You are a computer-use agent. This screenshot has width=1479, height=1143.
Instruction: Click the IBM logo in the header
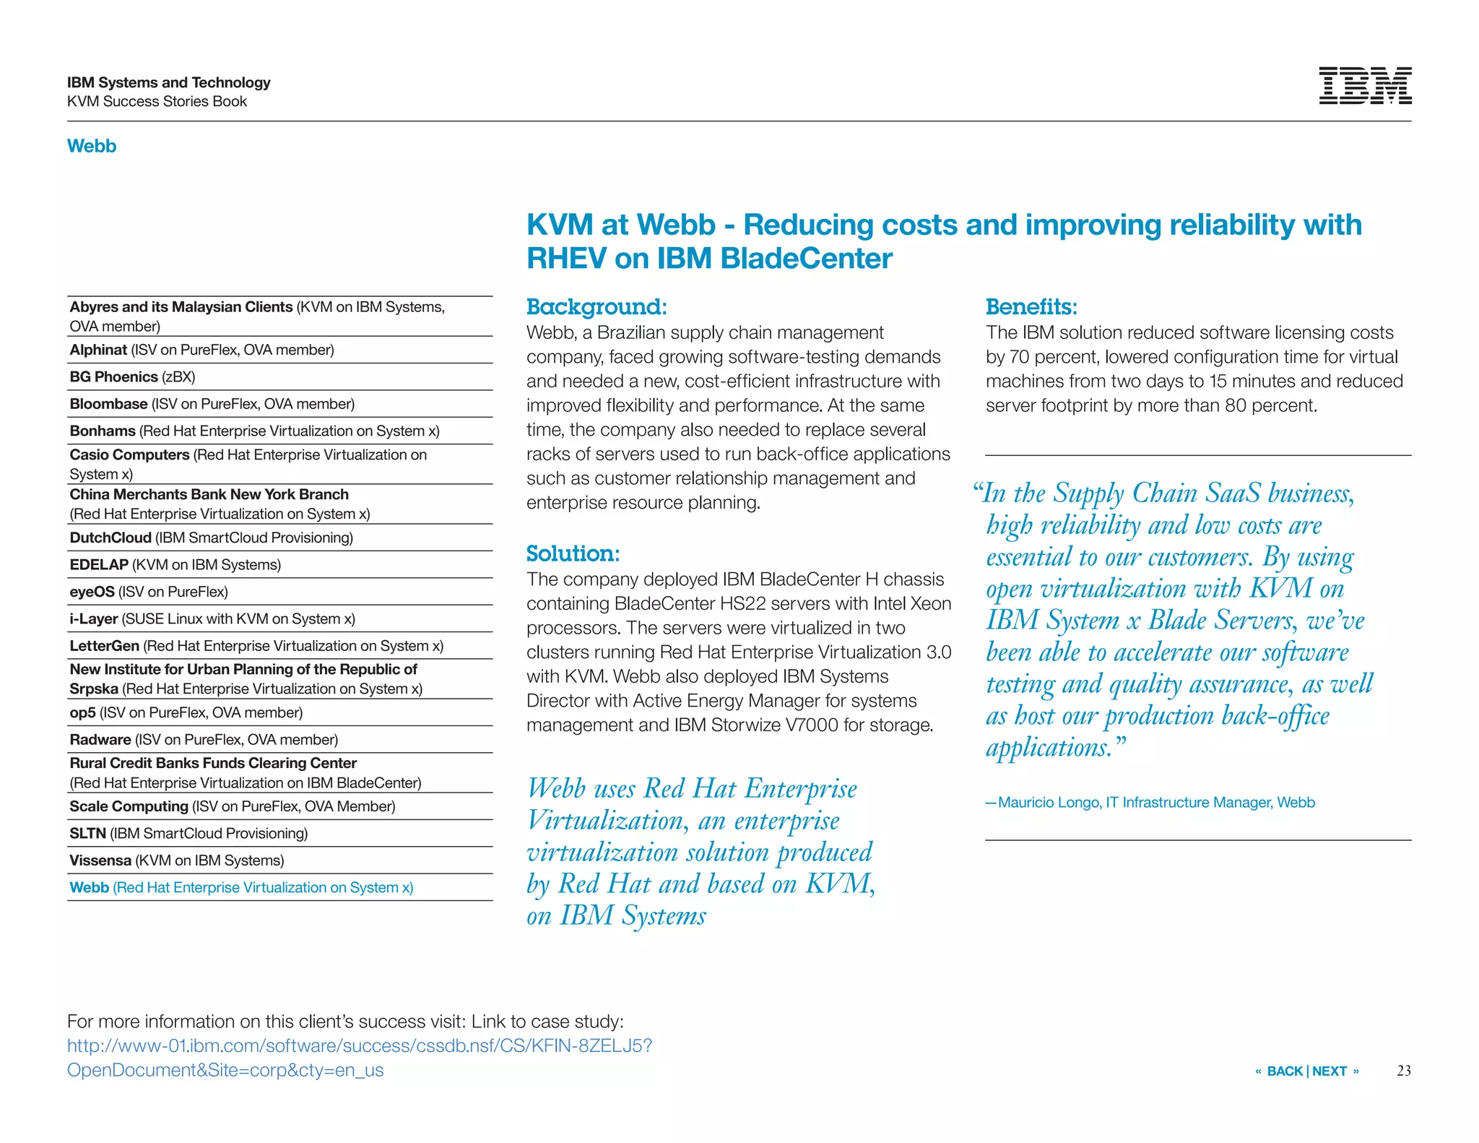[x=1364, y=86]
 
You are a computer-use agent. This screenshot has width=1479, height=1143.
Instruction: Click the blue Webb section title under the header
[x=92, y=146]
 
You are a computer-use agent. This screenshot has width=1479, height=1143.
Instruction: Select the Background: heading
[x=597, y=306]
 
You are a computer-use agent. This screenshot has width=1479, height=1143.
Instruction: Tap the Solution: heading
[x=573, y=553]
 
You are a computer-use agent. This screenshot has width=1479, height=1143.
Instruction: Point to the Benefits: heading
[x=1031, y=306]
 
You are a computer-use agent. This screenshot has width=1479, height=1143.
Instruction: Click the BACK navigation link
[x=1284, y=1071]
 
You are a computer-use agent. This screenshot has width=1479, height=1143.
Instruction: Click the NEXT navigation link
[x=1330, y=1071]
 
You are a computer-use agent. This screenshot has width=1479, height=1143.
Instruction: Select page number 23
[x=1403, y=1071]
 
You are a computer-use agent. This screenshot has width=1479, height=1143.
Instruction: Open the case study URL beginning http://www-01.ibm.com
[x=359, y=1045]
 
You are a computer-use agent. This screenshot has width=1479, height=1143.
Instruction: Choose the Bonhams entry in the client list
[x=254, y=431]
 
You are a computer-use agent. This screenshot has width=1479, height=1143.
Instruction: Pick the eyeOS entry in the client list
[x=149, y=592]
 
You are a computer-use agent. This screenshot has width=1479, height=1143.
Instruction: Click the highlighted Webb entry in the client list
[x=241, y=887]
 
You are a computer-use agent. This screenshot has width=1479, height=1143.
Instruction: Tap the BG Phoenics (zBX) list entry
[x=132, y=376]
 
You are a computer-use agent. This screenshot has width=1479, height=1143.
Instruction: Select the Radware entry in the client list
[x=204, y=739]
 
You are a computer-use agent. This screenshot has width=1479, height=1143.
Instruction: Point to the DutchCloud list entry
[x=211, y=538]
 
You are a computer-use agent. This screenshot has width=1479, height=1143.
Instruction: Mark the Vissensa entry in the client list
[x=176, y=860]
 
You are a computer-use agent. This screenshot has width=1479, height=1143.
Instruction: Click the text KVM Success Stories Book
[x=157, y=101]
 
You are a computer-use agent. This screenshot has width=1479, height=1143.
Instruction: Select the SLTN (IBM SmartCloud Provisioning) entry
[x=188, y=833]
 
